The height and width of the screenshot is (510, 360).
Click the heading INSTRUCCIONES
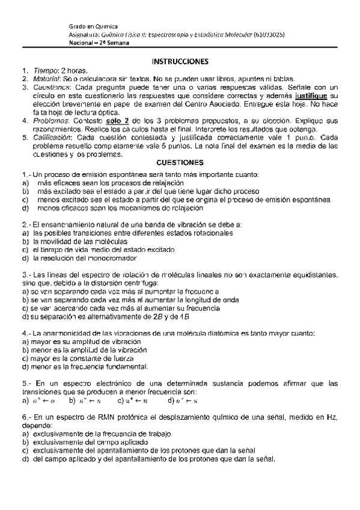[x=180, y=61]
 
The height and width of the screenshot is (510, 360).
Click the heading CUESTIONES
[x=180, y=162]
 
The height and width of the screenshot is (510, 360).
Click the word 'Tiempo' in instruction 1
[x=45, y=70]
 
